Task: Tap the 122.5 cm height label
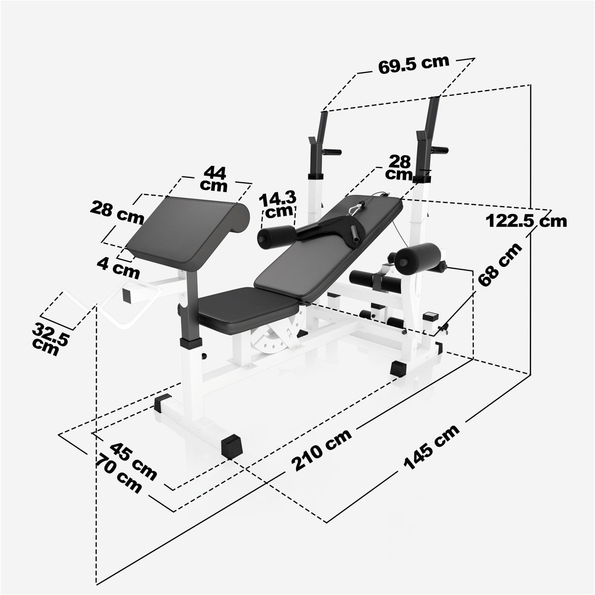[526, 221]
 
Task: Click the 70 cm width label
[118, 473]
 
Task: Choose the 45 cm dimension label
[133, 461]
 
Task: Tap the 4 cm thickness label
[119, 270]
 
